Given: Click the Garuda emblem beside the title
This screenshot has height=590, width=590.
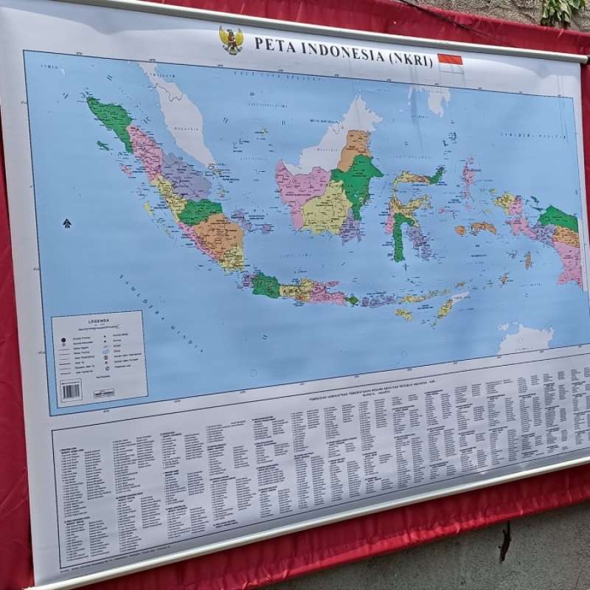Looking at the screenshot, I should [x=232, y=40].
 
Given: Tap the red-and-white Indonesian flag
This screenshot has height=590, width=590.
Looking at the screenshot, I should [x=450, y=60].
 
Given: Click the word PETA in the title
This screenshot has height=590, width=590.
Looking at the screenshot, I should [x=269, y=44].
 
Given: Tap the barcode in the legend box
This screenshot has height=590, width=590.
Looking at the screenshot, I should [x=71, y=389].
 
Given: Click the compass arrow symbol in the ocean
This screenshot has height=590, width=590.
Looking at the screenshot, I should [x=67, y=223].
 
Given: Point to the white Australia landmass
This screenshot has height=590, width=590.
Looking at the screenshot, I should [x=525, y=339].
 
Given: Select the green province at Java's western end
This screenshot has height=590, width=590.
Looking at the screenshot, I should [x=265, y=285].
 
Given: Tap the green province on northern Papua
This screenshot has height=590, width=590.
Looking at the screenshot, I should [x=558, y=218].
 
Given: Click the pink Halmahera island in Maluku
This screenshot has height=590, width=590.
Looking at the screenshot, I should [x=468, y=176].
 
